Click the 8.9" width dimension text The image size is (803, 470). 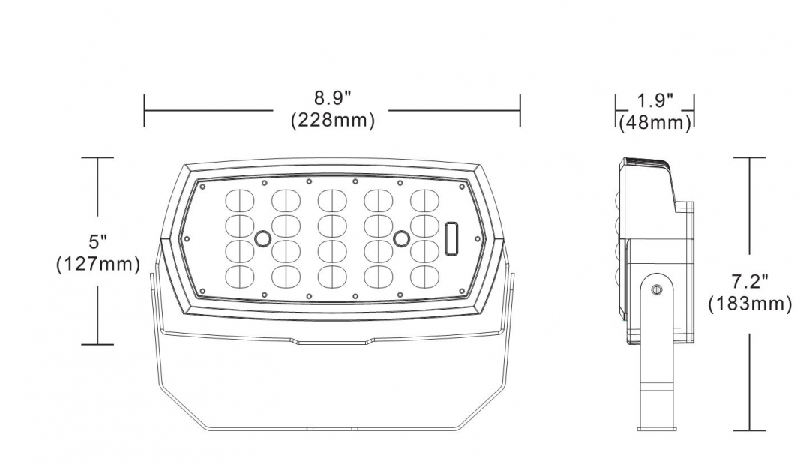332,99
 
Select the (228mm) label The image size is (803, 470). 332,120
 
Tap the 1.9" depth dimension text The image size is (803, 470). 655,100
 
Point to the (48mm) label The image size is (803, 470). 655,121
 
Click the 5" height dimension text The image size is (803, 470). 98,242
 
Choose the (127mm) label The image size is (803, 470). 98,264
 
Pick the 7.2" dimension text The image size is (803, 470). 749,283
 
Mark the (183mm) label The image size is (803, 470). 749,304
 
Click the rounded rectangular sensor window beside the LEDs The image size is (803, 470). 451,239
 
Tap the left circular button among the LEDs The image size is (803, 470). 262,238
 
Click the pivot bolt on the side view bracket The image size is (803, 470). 657,289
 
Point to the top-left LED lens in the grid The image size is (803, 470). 238,200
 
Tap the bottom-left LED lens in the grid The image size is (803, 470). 238,275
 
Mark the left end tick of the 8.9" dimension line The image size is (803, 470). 145,111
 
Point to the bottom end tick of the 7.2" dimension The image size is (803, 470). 749,430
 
